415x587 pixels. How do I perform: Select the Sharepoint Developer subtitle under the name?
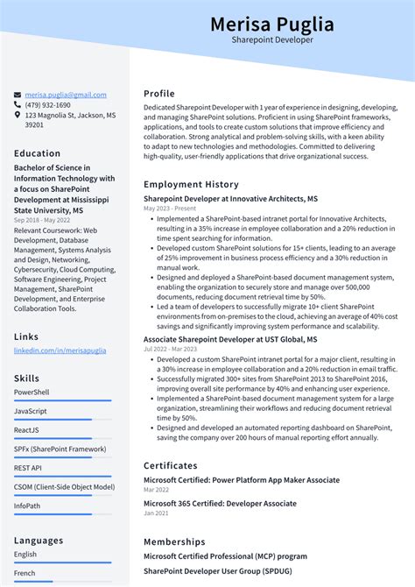tap(271, 40)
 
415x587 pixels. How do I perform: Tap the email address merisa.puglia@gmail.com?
tap(66, 95)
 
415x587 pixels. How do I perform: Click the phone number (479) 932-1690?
tap(49, 104)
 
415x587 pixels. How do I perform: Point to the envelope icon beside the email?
tap(18, 95)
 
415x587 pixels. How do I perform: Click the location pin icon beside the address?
tap(18, 115)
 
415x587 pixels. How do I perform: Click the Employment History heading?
tap(191, 185)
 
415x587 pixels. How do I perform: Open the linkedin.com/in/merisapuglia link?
tap(60, 350)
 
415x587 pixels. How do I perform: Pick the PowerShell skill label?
tap(32, 393)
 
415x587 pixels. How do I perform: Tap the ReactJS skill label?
tap(26, 430)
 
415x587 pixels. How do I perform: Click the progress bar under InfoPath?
tap(62, 514)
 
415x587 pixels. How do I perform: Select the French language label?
tap(25, 573)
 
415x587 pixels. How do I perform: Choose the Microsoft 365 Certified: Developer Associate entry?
tap(220, 504)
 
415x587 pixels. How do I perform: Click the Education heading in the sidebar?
tap(37, 153)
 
